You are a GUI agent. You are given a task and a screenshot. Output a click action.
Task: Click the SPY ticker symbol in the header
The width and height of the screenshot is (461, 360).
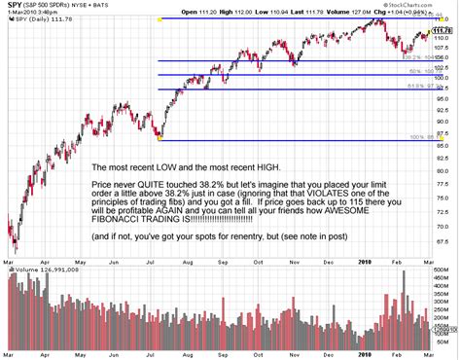(x=16, y=6)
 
